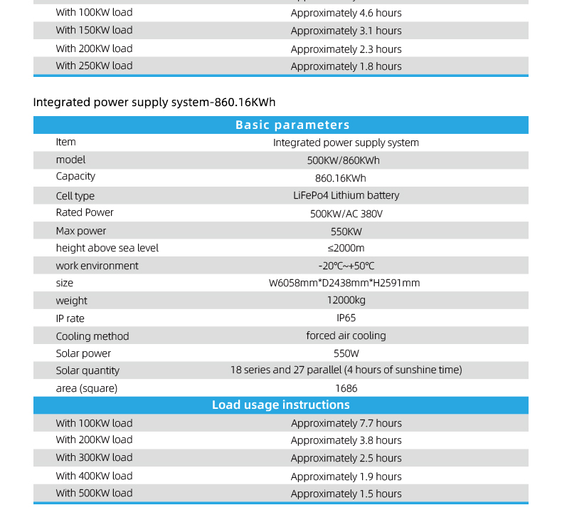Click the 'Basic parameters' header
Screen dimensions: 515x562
click(292, 125)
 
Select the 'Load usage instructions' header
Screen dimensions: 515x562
click(280, 405)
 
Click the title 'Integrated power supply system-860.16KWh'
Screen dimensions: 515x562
click(154, 102)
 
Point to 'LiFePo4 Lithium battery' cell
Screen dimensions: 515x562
click(346, 195)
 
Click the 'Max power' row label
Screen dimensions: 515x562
click(81, 231)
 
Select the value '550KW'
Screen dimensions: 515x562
click(346, 232)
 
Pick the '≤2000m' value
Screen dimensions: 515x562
click(346, 248)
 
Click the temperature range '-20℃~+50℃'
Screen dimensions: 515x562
click(346, 266)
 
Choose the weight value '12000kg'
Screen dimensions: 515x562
click(346, 301)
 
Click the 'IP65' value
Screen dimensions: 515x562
click(346, 318)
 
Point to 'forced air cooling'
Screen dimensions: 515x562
click(346, 335)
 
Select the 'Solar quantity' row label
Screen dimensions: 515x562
click(88, 370)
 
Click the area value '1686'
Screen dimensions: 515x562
click(346, 388)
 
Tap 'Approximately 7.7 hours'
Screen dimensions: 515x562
click(346, 423)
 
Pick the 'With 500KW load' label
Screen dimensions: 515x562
click(94, 493)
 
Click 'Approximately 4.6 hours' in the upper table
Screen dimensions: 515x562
click(346, 13)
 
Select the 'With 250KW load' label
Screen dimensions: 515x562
click(94, 66)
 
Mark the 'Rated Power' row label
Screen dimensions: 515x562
click(85, 212)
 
